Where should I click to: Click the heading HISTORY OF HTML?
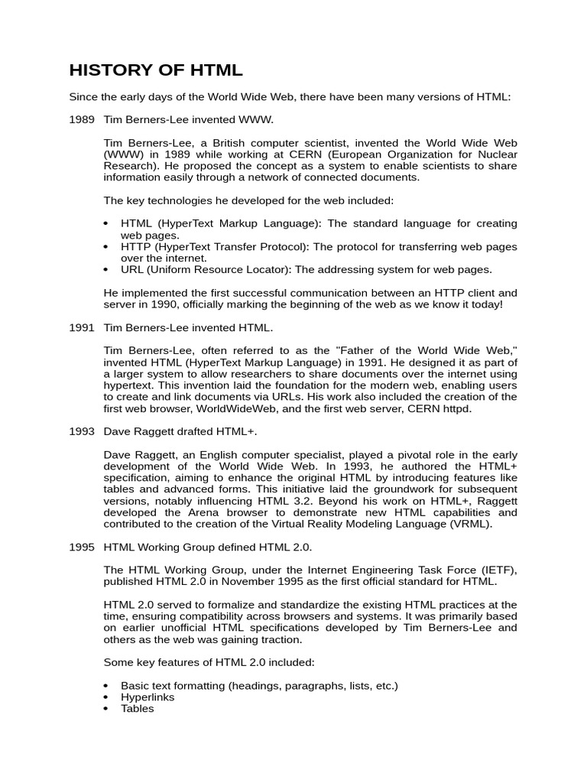tap(156, 71)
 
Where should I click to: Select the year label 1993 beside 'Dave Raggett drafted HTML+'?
tap(82, 431)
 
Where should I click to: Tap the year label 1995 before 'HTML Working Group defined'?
tap(82, 547)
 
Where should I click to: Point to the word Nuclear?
tap(497, 154)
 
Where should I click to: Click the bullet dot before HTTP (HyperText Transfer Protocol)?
tap(106, 247)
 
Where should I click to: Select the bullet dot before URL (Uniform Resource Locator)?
tap(106, 270)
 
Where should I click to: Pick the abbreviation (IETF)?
tap(498, 570)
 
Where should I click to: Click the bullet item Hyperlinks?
tap(148, 697)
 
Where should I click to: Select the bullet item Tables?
tap(138, 708)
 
